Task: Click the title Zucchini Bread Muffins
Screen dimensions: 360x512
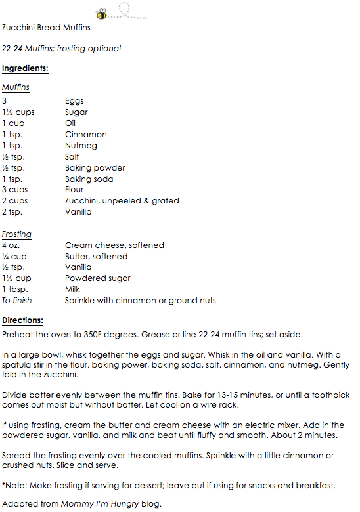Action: (47, 28)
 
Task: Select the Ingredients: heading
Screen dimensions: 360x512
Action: (25, 68)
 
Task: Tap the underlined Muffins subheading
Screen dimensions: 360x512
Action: (16, 87)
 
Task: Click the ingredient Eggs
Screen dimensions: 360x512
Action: (74, 101)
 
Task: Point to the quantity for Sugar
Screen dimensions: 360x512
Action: (18, 112)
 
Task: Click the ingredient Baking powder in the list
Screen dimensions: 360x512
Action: (95, 168)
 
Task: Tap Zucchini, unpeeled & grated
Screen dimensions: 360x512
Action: (122, 201)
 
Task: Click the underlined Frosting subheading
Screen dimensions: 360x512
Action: (16, 234)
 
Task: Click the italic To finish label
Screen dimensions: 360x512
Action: (17, 301)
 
